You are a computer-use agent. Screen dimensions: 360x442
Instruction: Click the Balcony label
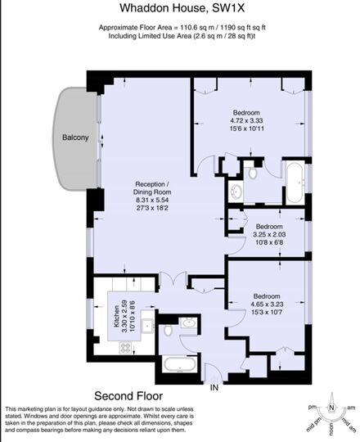(75, 138)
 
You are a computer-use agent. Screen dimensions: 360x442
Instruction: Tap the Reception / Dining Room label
(152, 188)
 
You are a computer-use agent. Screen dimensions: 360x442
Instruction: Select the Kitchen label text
(117, 316)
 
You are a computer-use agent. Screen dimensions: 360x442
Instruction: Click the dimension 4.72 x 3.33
(246, 120)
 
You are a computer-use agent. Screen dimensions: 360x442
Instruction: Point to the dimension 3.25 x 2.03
(269, 235)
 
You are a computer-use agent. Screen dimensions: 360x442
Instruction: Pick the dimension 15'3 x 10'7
(267, 313)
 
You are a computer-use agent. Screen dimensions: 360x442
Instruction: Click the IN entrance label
(214, 388)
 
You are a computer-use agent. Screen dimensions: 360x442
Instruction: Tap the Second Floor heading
(128, 396)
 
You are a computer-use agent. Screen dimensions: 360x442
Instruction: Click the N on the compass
(331, 408)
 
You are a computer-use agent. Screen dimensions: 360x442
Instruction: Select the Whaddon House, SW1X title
(182, 8)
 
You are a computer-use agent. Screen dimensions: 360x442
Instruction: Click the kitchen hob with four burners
(126, 348)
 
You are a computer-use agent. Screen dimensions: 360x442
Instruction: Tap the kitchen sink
(147, 326)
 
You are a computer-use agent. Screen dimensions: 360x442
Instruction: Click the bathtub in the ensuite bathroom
(295, 183)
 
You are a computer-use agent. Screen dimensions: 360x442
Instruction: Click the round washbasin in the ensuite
(236, 192)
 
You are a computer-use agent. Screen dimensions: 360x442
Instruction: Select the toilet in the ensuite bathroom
(253, 174)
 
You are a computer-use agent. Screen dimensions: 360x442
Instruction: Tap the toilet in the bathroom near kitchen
(169, 331)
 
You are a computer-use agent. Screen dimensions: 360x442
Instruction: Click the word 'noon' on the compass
(331, 426)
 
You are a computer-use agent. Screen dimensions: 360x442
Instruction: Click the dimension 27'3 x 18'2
(152, 208)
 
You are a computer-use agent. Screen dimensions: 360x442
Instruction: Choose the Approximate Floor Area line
(182, 28)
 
